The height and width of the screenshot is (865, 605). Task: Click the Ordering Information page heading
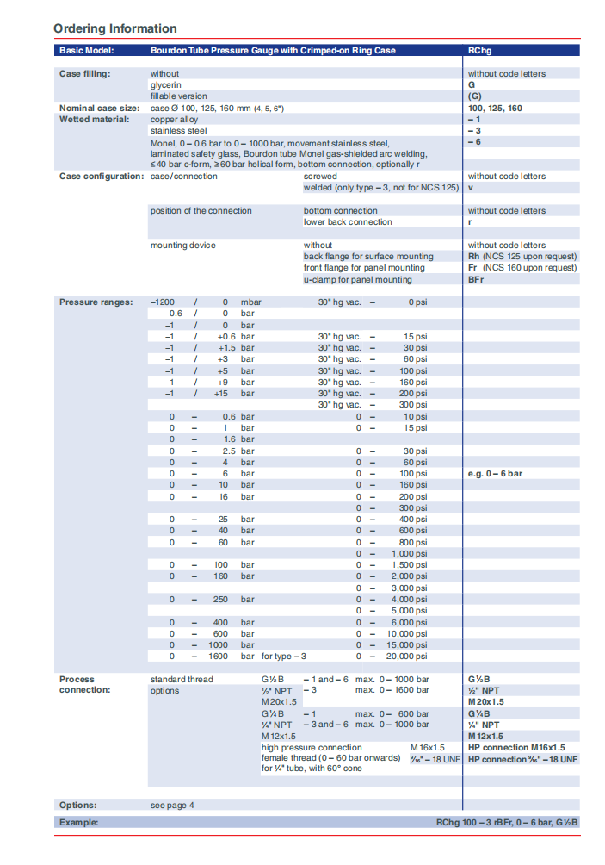click(x=114, y=28)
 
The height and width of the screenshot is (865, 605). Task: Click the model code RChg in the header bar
click(x=480, y=51)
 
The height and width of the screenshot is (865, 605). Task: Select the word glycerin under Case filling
click(x=166, y=85)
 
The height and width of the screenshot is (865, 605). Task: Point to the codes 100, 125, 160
click(x=495, y=109)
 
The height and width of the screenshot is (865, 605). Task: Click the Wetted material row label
click(x=93, y=120)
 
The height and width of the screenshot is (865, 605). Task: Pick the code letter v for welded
click(x=471, y=188)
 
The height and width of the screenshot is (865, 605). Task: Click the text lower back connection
click(x=348, y=222)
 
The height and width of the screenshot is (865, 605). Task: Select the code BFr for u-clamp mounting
click(x=476, y=279)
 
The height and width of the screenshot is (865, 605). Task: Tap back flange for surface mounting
click(x=368, y=257)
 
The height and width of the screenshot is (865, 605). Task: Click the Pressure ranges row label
click(x=96, y=302)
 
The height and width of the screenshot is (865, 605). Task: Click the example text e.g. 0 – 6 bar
click(x=495, y=474)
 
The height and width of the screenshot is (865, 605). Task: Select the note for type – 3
click(x=284, y=657)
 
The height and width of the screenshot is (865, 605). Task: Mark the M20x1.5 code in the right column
click(x=485, y=702)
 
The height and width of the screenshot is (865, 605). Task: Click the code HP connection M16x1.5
click(x=516, y=748)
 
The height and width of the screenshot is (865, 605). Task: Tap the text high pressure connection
click(x=312, y=748)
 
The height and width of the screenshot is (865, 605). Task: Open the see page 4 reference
click(x=172, y=806)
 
